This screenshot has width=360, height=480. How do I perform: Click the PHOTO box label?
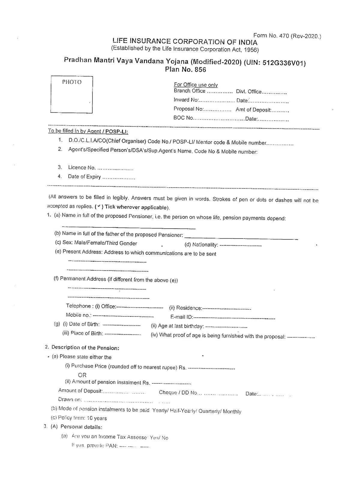tap(72, 82)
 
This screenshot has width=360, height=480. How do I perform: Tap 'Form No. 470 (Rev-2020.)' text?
tap(287, 36)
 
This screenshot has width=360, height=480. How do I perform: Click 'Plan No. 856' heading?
tap(185, 70)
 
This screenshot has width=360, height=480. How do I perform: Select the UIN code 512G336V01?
tap(283, 63)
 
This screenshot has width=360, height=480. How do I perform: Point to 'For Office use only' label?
tap(196, 85)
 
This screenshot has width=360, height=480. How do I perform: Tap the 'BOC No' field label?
tap(183, 118)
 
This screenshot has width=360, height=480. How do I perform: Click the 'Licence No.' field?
tap(82, 168)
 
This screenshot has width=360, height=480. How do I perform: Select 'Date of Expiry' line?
tap(84, 177)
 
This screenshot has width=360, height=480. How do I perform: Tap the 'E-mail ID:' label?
tap(181, 317)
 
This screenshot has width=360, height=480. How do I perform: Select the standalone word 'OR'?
tap(82, 375)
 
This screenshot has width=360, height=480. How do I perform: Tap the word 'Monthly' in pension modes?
tap(232, 412)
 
